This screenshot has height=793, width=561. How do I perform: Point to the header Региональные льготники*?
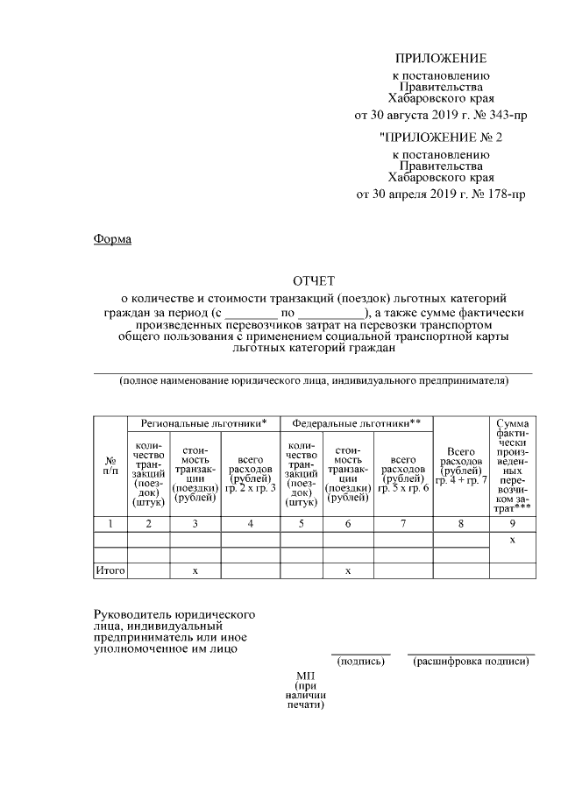(203, 423)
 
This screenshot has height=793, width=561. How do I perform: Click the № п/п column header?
(110, 465)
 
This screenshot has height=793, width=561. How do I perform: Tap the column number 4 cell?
(250, 523)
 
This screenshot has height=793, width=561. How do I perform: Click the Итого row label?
(110, 570)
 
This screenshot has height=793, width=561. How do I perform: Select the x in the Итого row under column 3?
(195, 570)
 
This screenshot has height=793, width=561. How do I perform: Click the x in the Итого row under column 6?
(348, 570)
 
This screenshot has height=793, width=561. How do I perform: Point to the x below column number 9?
(512, 541)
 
